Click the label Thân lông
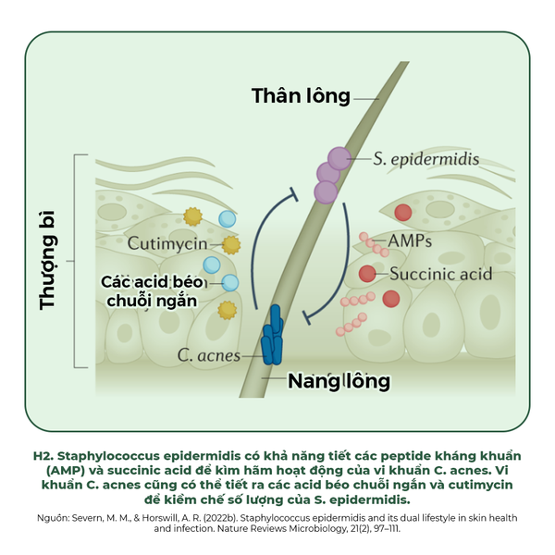click(x=302, y=95)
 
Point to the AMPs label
click(x=410, y=240)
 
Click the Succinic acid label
click(x=440, y=274)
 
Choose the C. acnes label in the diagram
click(x=209, y=355)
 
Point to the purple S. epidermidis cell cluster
click(x=330, y=173)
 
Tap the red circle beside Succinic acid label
click(x=367, y=274)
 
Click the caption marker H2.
click(x=43, y=456)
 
